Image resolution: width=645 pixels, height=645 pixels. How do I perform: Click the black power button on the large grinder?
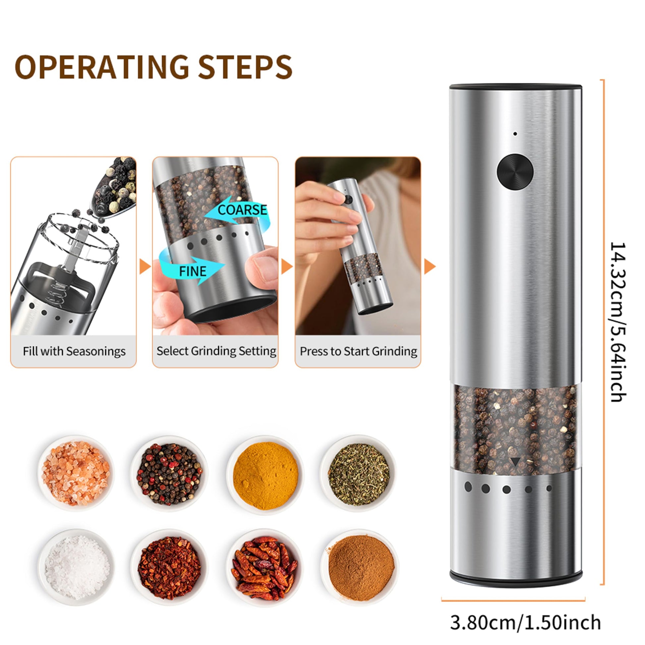[515, 172]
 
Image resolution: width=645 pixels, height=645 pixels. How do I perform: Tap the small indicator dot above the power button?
[515, 134]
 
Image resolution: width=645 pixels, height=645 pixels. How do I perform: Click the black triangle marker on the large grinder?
[515, 462]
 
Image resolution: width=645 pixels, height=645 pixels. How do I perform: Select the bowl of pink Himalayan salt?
[76, 473]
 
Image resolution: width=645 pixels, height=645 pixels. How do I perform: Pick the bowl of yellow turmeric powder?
[265, 475]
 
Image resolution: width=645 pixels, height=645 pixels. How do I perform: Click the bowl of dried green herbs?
[359, 473]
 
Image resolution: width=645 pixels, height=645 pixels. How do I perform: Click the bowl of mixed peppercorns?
[169, 473]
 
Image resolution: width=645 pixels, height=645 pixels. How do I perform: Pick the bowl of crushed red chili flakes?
[169, 567]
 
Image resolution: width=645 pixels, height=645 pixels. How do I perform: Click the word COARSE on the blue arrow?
[242, 210]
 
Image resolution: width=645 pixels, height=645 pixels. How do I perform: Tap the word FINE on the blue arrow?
[193, 271]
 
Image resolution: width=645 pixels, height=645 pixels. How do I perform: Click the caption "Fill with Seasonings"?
[74, 351]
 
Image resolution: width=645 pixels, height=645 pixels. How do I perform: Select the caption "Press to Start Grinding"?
[358, 351]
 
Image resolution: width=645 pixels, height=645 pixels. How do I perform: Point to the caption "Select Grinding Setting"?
[216, 351]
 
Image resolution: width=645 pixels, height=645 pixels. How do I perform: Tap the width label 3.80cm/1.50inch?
[525, 613]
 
